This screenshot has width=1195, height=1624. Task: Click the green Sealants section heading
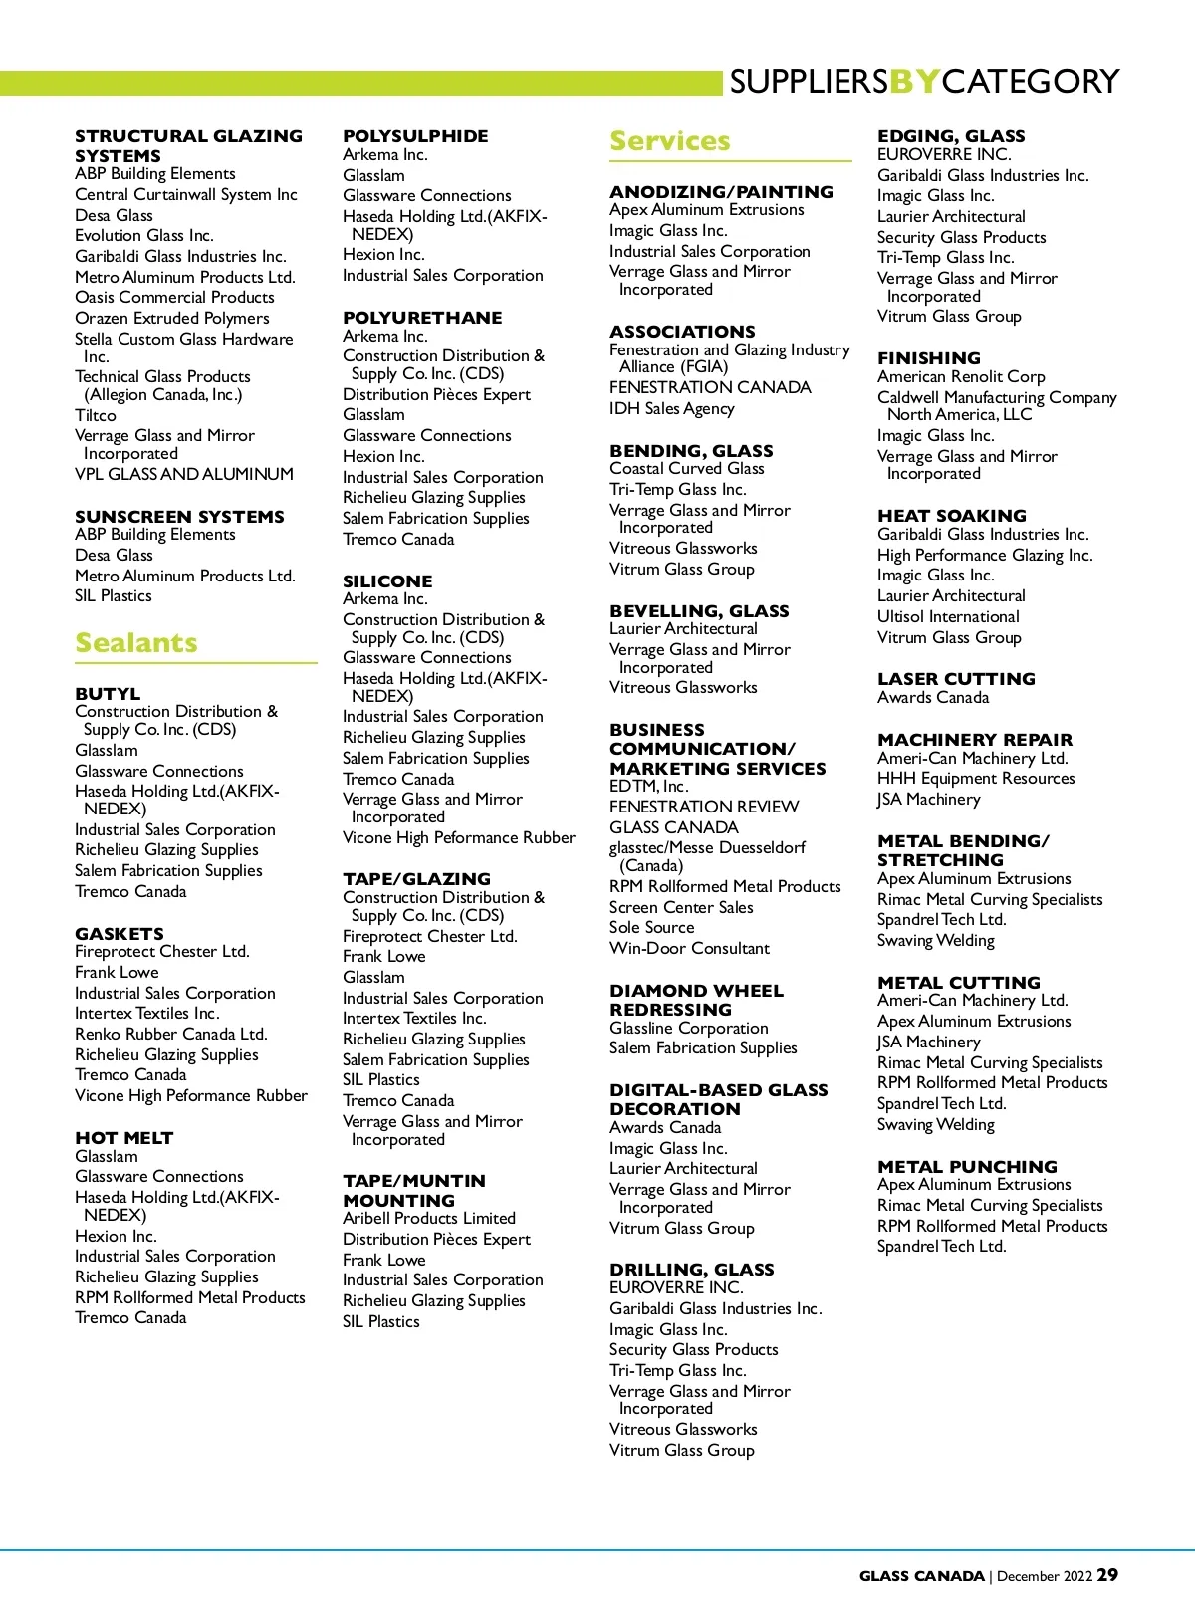pos(136,643)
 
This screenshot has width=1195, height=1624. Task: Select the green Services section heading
pos(670,141)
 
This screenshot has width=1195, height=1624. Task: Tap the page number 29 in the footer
pos(1107,1575)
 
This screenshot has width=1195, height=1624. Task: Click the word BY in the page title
pos(914,81)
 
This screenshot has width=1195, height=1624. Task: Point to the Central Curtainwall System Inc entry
pos(186,194)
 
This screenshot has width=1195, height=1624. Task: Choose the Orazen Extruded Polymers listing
pos(172,318)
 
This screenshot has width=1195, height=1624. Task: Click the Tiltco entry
pos(96,415)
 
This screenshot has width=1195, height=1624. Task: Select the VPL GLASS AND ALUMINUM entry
pos(184,474)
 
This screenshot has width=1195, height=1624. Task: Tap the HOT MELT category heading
pos(124,1138)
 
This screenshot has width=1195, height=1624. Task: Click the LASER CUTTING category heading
pos(956,679)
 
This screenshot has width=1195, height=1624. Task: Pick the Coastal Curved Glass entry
pos(687,468)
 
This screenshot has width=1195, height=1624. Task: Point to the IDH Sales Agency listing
pos(672,408)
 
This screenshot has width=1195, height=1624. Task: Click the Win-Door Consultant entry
pos(689,948)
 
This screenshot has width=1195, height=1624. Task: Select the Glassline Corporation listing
pos(689,1028)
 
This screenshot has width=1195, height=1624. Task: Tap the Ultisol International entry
pos(948,616)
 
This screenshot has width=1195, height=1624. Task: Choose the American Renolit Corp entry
pos(961,376)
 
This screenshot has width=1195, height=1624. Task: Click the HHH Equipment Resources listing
pos(976,778)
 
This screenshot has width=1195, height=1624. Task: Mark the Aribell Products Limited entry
pos(429,1218)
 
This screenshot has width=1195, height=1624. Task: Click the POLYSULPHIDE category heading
pos(415,136)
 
